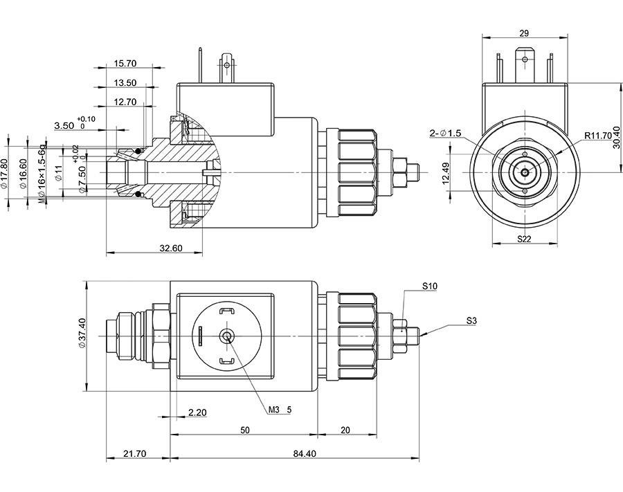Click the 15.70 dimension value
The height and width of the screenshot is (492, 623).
click(125, 64)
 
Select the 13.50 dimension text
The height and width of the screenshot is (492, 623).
click(125, 83)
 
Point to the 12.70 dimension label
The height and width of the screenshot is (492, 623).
click(125, 102)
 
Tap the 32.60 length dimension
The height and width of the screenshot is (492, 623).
click(170, 248)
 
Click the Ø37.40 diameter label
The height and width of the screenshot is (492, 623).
click(82, 334)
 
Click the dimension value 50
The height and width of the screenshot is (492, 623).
click(245, 430)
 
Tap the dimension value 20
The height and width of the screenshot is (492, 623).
click(345, 430)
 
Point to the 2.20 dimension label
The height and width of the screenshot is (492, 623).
click(198, 412)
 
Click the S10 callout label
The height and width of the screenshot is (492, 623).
click(430, 286)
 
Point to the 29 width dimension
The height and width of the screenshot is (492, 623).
click(523, 33)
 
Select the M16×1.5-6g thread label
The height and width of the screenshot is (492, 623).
click(42, 174)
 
